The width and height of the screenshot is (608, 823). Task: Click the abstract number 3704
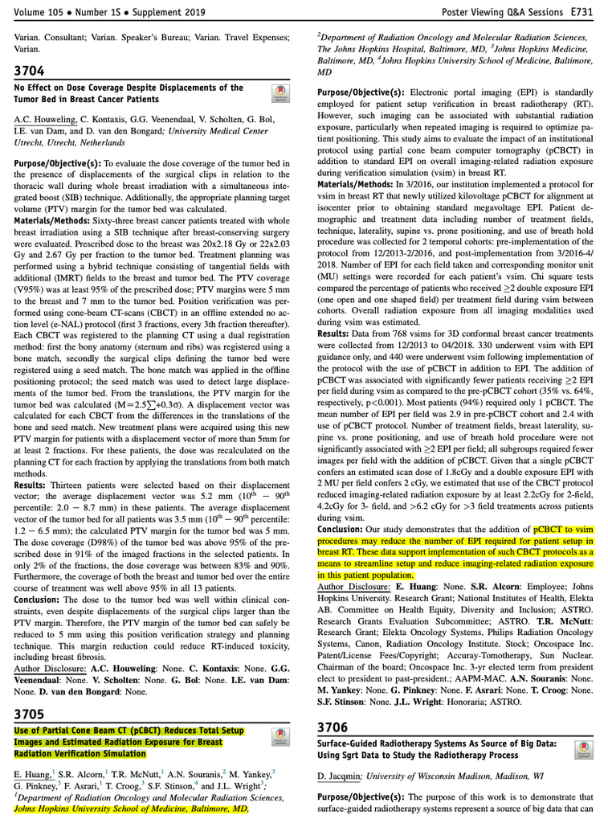[29, 71]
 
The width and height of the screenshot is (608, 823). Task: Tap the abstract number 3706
[333, 727]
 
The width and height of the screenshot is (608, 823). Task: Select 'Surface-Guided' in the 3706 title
[349, 744]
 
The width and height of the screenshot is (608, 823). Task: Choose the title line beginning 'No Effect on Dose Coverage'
[129, 88]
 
